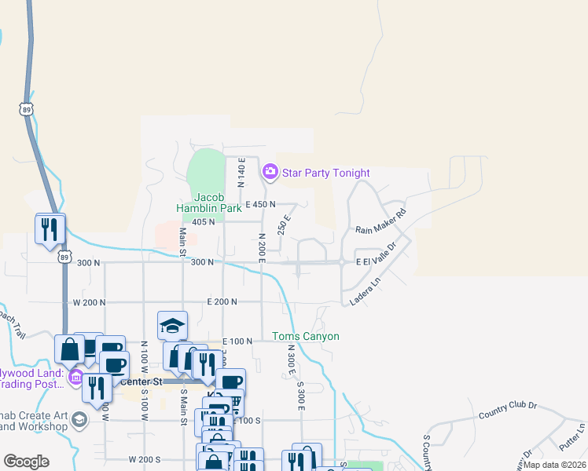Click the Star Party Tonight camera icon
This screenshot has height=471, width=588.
pyautogui.click(x=270, y=171)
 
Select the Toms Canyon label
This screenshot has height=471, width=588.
pyautogui.click(x=306, y=337)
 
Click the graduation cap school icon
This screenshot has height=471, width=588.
pyautogui.click(x=172, y=325)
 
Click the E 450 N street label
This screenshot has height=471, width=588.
pyautogui.click(x=260, y=204)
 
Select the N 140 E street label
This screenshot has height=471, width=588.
pyautogui.click(x=242, y=172)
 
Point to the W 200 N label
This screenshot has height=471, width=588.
pyautogui.click(x=90, y=301)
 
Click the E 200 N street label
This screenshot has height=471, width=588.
pyautogui.click(x=222, y=301)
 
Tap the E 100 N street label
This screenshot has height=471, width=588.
pyautogui.click(x=237, y=341)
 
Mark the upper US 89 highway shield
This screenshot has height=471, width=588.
pyautogui.click(x=28, y=109)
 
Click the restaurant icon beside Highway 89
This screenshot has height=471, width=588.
pyautogui.click(x=50, y=228)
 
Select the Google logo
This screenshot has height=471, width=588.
pyautogui.click(x=26, y=462)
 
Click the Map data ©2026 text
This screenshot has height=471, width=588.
pyautogui.click(x=555, y=465)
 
